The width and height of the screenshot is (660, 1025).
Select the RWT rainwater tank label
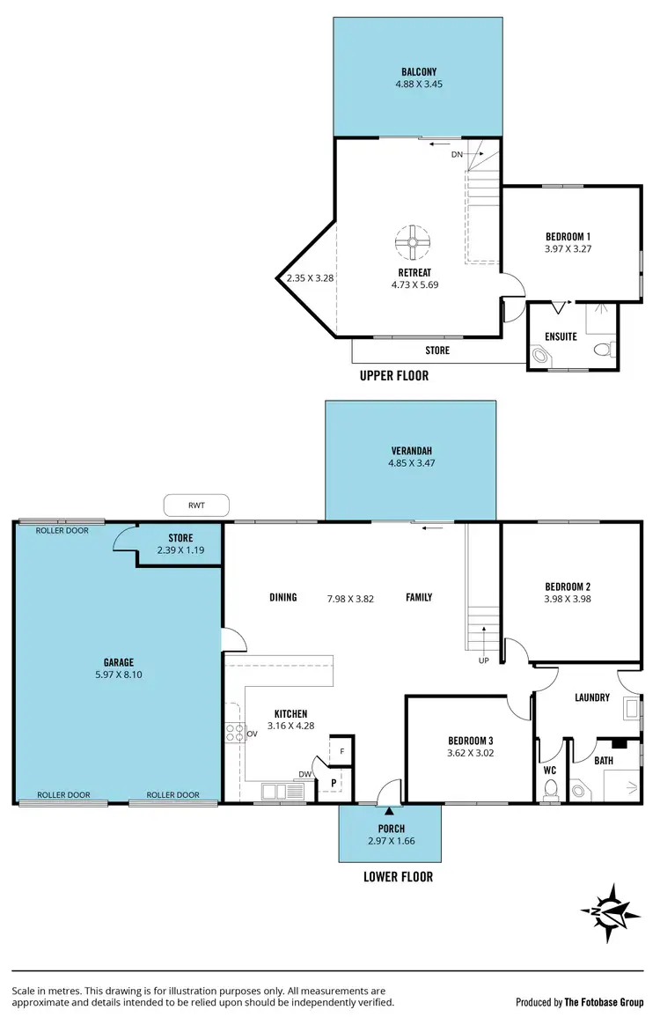pyautogui.click(x=196, y=505)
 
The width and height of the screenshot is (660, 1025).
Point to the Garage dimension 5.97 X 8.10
pyautogui.click(x=117, y=675)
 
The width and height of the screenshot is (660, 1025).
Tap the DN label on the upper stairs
pyautogui.click(x=457, y=154)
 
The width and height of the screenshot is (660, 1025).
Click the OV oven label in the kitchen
pyautogui.click(x=251, y=733)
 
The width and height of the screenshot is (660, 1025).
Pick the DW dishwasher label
pyautogui.click(x=304, y=775)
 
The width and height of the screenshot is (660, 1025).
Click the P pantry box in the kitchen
pyautogui.click(x=334, y=782)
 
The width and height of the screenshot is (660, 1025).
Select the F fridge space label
pyautogui.click(x=342, y=751)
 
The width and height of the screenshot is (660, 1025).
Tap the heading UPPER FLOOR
pyautogui.click(x=394, y=375)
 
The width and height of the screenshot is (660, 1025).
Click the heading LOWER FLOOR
pyautogui.click(x=398, y=876)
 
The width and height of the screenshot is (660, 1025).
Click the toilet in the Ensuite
pyautogui.click(x=603, y=350)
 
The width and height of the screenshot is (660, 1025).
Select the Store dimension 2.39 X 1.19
pyautogui.click(x=180, y=550)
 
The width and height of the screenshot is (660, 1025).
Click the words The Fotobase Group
pyautogui.click(x=605, y=1002)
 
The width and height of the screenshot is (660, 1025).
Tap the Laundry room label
pyautogui.click(x=591, y=697)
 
